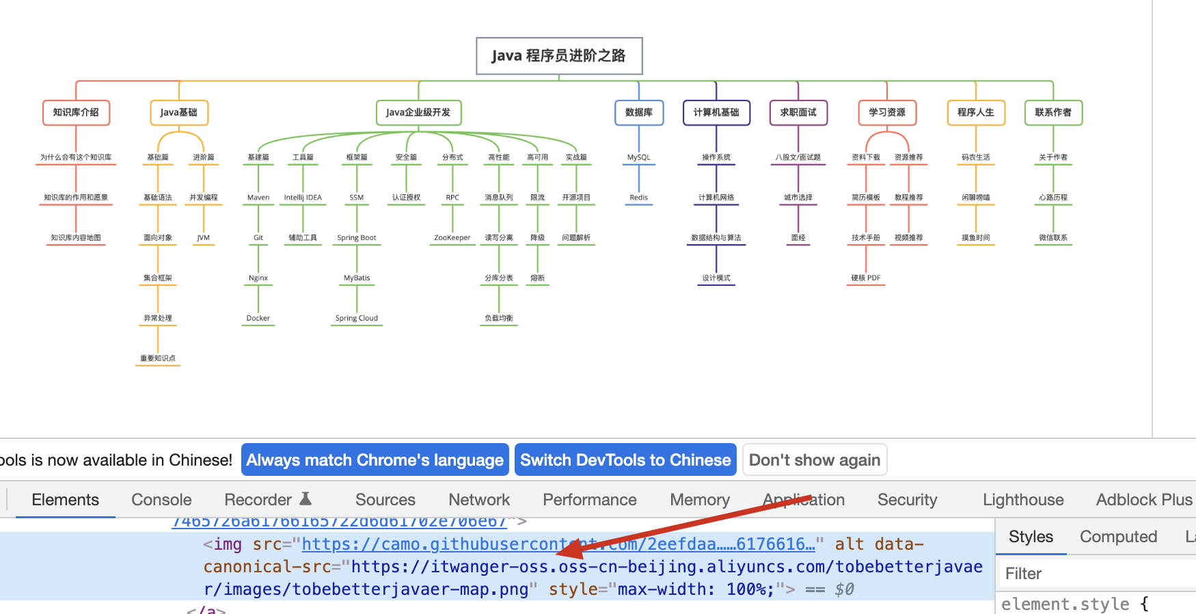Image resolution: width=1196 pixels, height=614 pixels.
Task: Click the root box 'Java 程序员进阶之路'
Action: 558,56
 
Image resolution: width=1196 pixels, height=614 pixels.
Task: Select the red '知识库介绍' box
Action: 76,113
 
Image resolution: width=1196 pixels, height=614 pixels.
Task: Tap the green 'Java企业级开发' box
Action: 418,113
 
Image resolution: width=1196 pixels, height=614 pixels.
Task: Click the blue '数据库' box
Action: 638,113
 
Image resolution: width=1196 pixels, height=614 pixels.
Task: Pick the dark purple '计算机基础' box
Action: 716,113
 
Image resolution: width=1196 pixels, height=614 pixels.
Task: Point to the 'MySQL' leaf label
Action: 638,157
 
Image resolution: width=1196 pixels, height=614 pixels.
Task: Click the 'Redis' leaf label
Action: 638,198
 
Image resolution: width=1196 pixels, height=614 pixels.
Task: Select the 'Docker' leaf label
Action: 258,318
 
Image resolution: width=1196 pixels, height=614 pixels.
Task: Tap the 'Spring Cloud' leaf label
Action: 356,318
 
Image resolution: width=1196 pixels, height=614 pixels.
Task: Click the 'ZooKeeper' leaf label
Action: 452,238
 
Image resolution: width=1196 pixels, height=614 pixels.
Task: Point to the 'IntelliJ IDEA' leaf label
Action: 303,198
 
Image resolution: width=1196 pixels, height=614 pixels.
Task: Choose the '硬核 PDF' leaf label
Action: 865,278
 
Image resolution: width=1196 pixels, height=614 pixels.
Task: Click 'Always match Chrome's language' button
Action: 375,460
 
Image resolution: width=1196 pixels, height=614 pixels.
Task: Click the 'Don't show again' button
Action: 814,460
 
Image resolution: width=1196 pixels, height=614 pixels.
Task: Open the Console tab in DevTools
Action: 161,500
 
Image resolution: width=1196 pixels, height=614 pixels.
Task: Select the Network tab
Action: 479,500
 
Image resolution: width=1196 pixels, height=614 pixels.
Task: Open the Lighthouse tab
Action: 1022,500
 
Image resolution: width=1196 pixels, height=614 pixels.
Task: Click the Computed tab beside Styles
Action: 1118,537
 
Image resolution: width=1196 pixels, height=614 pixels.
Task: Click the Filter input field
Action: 1093,574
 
